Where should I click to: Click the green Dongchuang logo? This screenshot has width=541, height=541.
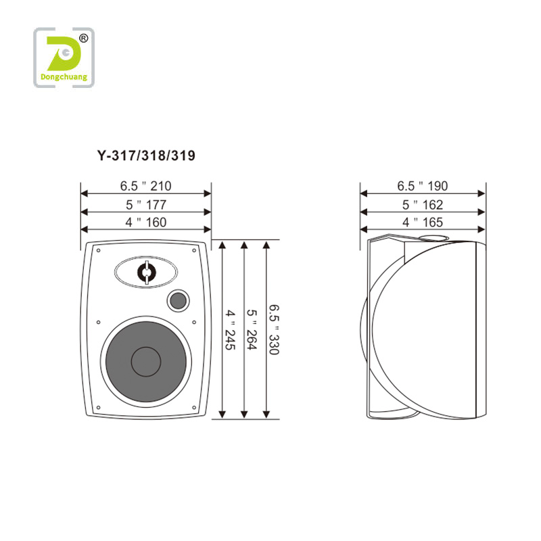coord(64,57)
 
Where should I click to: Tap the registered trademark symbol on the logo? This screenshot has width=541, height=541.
coord(83,39)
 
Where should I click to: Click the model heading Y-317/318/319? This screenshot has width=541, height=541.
coord(146,156)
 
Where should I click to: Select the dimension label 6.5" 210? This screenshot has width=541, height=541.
coord(145,186)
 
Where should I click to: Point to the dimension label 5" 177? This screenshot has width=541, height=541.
coord(146,205)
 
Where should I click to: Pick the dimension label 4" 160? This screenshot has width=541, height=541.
coord(146,222)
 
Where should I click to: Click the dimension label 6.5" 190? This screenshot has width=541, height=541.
coord(422,186)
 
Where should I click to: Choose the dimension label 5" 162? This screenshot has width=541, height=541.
coord(422,205)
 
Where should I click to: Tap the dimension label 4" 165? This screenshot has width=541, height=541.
coord(422,222)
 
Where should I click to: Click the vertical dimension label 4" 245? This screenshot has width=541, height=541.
coord(231,330)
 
